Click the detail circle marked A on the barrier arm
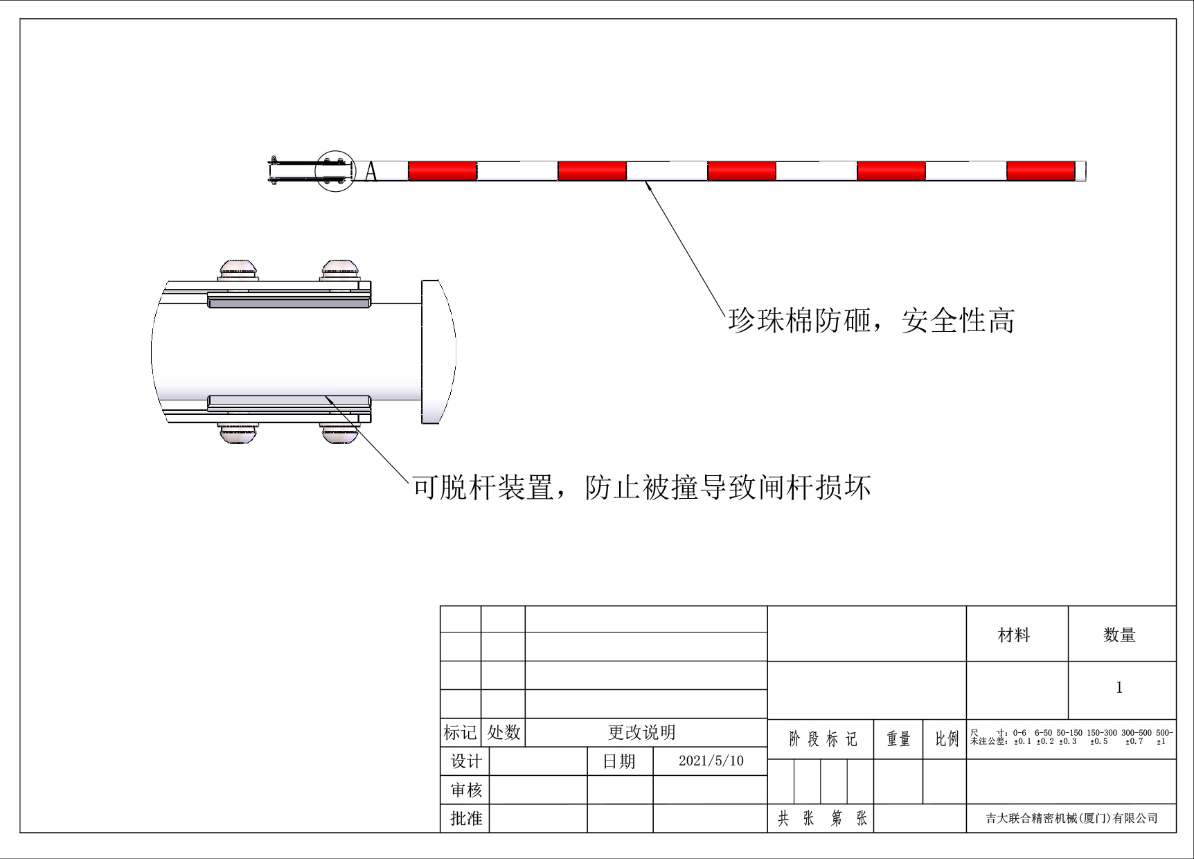coord(335,170)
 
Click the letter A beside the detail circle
coord(371,171)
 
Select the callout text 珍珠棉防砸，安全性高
coord(871,321)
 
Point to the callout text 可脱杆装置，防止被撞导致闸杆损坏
coord(641,488)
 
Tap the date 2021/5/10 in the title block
coord(711,761)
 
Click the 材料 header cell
coord(1014,635)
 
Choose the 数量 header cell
coord(1119,635)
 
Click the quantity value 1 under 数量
coord(1119,688)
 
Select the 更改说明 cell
coord(642,732)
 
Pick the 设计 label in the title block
coord(465,761)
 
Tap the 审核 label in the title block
coord(465,790)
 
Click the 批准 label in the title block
coord(465,818)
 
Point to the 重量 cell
coord(898,739)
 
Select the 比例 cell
coord(946,739)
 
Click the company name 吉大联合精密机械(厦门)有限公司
coord(1071,818)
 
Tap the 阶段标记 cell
coord(822,739)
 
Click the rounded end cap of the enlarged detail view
coord(438,351)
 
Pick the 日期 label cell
coord(619,761)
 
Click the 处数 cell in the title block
coord(504,732)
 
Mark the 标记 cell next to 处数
coord(460,732)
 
